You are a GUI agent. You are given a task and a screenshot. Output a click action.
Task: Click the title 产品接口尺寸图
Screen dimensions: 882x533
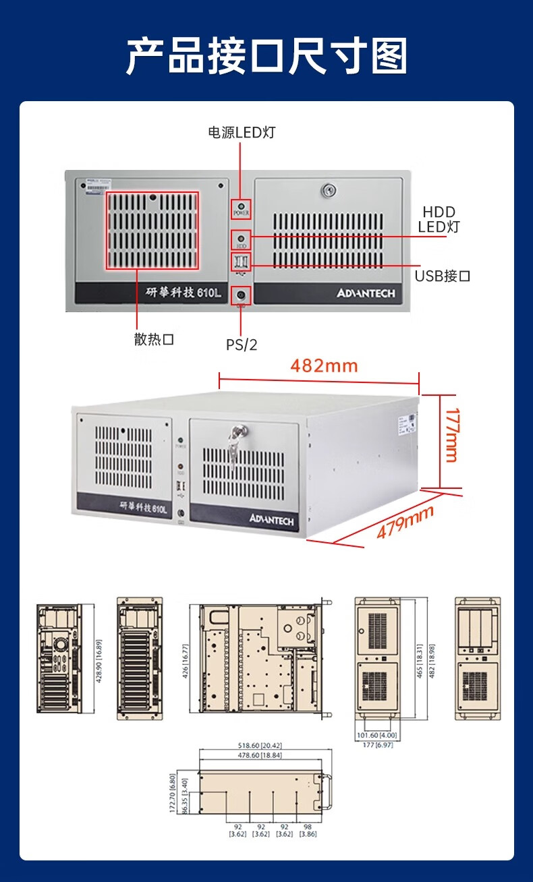coord(266,57)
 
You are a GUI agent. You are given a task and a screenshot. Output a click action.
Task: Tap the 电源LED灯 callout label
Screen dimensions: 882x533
coord(241,132)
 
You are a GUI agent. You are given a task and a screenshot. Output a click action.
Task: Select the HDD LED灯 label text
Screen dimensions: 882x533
coord(438,219)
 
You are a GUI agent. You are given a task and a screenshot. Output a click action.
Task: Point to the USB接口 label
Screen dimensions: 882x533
coord(442,276)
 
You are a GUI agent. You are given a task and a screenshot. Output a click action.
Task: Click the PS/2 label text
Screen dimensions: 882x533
coord(241,345)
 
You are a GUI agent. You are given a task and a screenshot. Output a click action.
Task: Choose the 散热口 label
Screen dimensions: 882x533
coord(154,339)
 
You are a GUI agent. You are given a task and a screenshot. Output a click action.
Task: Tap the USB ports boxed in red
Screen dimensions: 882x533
coord(241,262)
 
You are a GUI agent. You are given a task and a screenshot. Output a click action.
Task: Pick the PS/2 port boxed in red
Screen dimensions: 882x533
coord(241,295)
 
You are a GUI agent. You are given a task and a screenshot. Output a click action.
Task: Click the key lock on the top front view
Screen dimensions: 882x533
coord(329,191)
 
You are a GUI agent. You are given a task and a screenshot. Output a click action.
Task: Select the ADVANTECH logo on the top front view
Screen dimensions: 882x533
coord(365,293)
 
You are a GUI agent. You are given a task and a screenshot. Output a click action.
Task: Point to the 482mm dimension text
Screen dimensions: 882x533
coord(324,366)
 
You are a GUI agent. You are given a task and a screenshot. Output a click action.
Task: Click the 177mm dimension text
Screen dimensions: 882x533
coord(451,435)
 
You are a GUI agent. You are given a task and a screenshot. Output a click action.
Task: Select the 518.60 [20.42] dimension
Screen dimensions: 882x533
coord(260,746)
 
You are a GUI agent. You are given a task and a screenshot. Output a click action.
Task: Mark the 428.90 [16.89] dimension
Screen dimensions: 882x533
coord(99,661)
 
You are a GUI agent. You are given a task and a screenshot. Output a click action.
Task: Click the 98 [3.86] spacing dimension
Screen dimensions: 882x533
coord(307,830)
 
